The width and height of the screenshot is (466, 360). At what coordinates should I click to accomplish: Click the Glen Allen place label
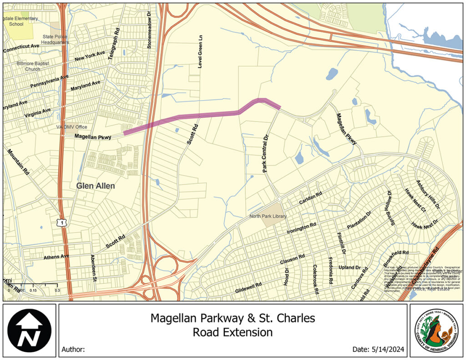click(96, 186)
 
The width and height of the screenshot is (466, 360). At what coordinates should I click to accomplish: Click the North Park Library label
click(268, 216)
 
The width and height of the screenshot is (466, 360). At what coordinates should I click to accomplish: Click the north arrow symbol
click(29, 330)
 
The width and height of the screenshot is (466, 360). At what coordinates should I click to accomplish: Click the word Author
click(73, 350)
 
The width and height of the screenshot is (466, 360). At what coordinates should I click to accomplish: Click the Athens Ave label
click(56, 257)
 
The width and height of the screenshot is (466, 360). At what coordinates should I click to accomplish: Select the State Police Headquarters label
click(55, 39)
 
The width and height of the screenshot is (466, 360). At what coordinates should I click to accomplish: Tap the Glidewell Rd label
click(249, 287)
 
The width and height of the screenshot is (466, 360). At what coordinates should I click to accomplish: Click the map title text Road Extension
click(233, 332)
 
